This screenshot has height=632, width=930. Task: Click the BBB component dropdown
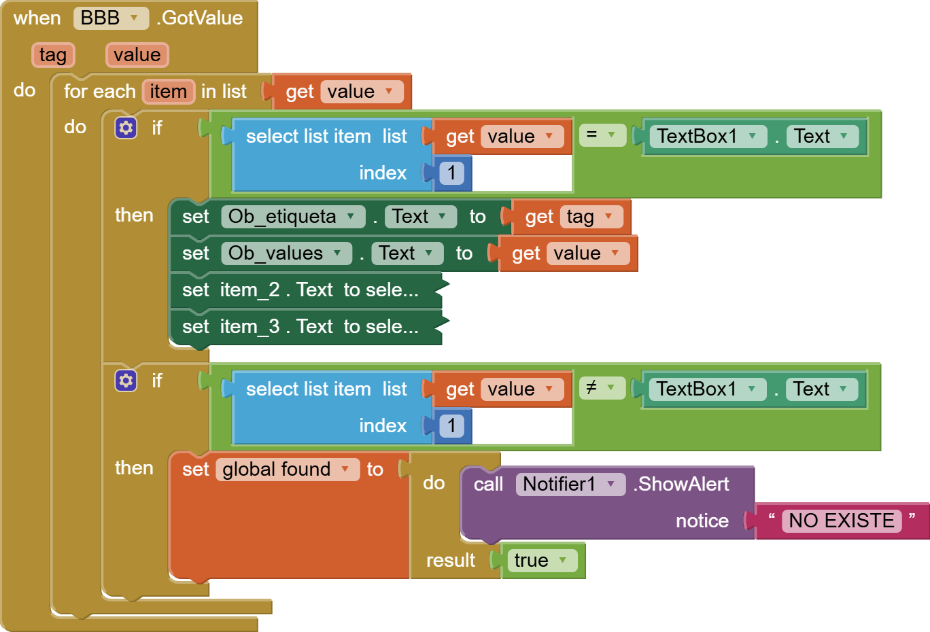tap(110, 18)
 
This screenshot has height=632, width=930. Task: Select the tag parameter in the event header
tap(53, 55)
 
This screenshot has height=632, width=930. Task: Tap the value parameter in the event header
tap(137, 55)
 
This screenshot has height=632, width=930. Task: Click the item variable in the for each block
tap(168, 92)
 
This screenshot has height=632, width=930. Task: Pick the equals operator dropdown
tap(602, 135)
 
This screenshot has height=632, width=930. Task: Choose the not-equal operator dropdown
tap(602, 388)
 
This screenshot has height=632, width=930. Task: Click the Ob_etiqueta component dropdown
tap(292, 217)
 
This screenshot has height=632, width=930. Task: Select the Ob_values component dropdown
tap(286, 253)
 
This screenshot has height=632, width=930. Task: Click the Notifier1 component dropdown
tap(570, 485)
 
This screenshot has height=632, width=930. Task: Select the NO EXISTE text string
tap(841, 521)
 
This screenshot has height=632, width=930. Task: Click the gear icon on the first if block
tap(126, 128)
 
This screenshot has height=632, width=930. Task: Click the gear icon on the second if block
tap(126, 381)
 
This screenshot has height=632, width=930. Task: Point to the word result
tap(450, 561)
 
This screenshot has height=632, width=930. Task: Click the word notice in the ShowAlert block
tap(702, 521)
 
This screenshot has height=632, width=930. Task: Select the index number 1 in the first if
tap(451, 173)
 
